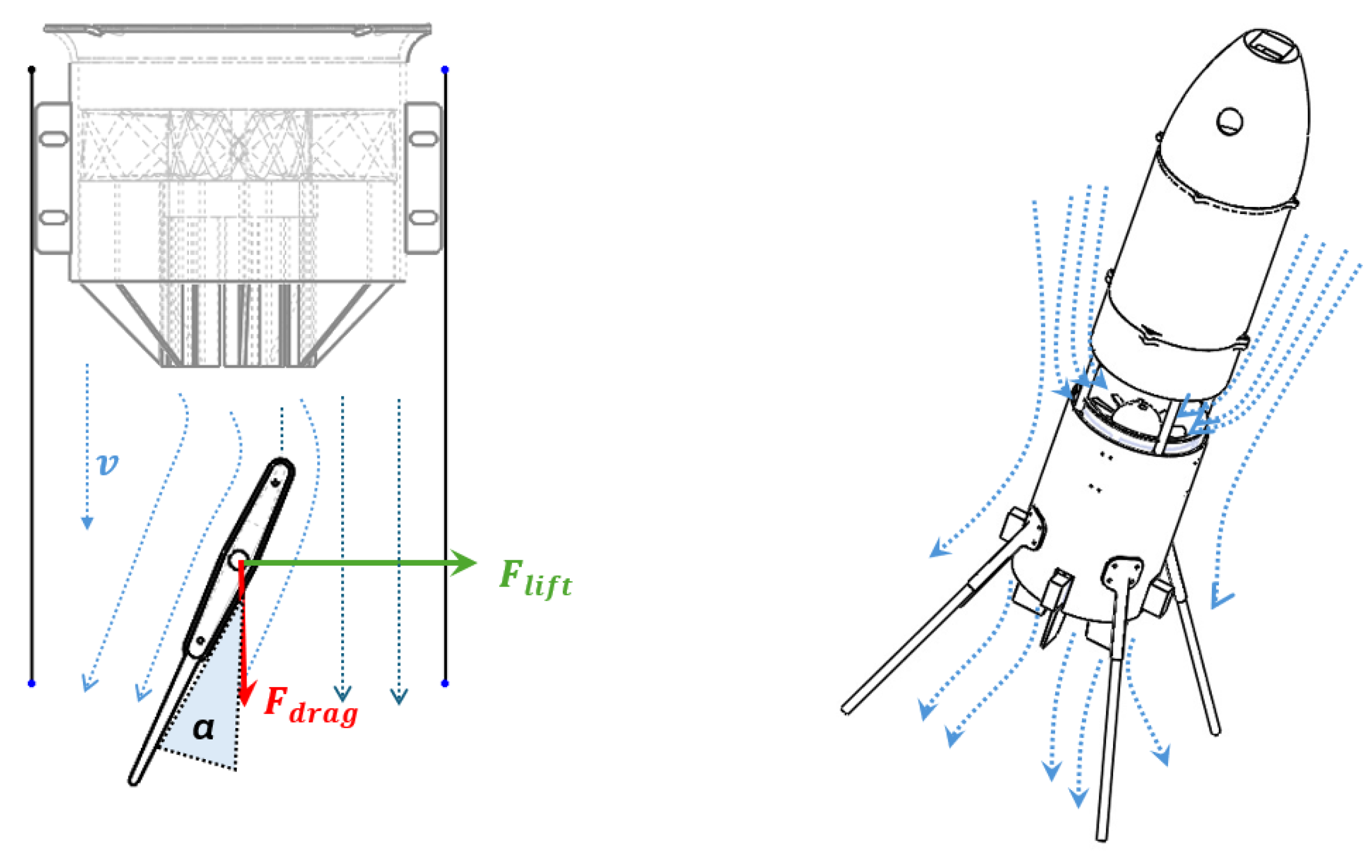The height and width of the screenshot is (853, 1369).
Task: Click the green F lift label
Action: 535,579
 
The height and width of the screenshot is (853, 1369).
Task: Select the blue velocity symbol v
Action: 108,464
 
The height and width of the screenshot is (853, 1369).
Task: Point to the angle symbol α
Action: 204,728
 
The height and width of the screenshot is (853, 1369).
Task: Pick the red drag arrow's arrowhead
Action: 245,694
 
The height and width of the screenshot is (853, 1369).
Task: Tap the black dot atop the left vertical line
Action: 32,69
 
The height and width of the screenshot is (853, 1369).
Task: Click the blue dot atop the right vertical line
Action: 445,69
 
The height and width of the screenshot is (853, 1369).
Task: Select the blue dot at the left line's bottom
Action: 32,683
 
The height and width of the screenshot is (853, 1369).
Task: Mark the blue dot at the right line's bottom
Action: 445,683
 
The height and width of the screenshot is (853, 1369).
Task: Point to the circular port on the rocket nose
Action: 1230,121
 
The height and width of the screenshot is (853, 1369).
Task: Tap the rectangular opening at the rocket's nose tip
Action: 1269,47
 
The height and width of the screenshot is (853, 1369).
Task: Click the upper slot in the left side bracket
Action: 53,138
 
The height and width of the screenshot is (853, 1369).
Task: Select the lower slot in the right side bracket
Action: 423,217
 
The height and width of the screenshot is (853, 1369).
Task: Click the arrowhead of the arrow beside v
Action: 87,523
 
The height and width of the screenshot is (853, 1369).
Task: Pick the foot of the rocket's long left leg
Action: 846,709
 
